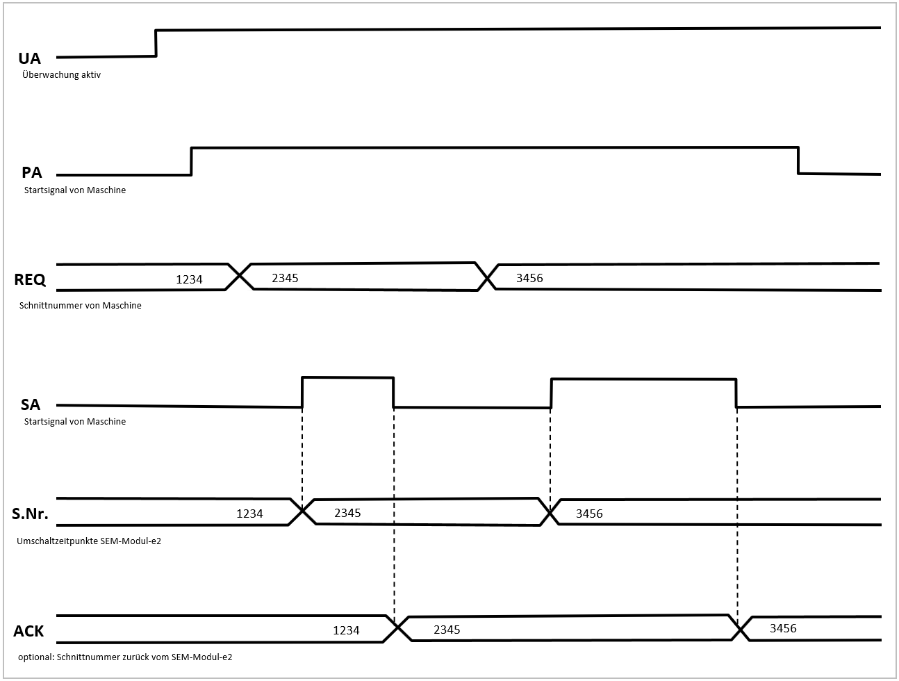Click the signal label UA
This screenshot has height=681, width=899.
pyautogui.click(x=29, y=58)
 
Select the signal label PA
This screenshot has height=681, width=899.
pyautogui.click(x=31, y=173)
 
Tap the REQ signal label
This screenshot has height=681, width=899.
pyautogui.click(x=30, y=280)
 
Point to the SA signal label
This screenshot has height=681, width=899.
pyautogui.click(x=31, y=404)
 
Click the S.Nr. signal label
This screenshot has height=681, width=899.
pyautogui.click(x=30, y=515)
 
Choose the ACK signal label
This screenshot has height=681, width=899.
pyautogui.click(x=28, y=631)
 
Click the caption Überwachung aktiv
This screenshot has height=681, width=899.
pyautogui.click(x=61, y=74)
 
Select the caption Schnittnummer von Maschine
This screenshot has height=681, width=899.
pyautogui.click(x=81, y=305)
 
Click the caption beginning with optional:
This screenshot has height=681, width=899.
pyautogui.click(x=125, y=656)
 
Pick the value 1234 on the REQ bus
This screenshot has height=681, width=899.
pyautogui.click(x=189, y=279)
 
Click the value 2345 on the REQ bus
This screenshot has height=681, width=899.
pyautogui.click(x=285, y=278)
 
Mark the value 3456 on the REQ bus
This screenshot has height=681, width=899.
pyautogui.click(x=529, y=278)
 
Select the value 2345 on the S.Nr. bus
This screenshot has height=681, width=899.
pyautogui.click(x=347, y=513)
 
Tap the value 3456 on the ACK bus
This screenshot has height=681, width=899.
pyautogui.click(x=783, y=628)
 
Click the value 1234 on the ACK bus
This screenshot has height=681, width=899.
pyautogui.click(x=346, y=630)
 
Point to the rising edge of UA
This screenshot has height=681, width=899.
pyautogui.click(x=156, y=43)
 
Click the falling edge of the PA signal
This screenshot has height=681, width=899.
pyautogui.click(x=798, y=161)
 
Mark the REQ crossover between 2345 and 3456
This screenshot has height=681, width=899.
pyautogui.click(x=487, y=277)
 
